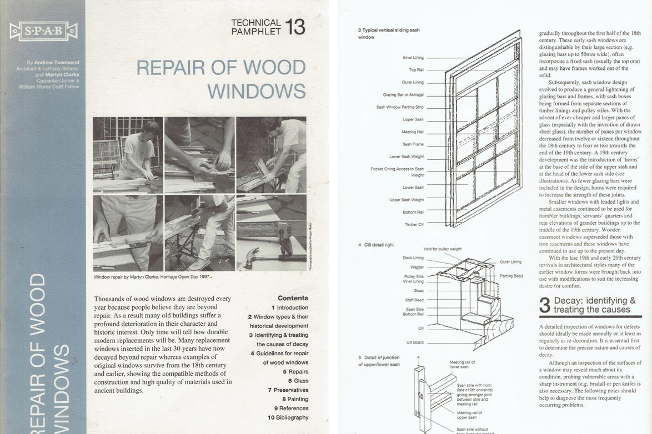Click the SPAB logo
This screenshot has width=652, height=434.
[43, 31]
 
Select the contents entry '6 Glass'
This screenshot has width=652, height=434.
[298, 381]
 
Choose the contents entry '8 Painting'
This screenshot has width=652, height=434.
[295, 399]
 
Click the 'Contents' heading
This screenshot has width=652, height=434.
[293, 298]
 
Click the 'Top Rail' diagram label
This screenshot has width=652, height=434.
[416, 70]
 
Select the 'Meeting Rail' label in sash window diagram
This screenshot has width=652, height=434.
[413, 132]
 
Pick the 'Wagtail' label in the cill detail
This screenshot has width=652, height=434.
[417, 267]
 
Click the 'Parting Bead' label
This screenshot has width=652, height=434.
[510, 276]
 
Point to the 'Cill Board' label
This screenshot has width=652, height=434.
[415, 342]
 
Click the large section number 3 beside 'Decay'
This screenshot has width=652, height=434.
[545, 305]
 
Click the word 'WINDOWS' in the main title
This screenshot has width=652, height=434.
[257, 90]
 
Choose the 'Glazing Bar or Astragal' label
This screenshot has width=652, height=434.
[403, 95]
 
